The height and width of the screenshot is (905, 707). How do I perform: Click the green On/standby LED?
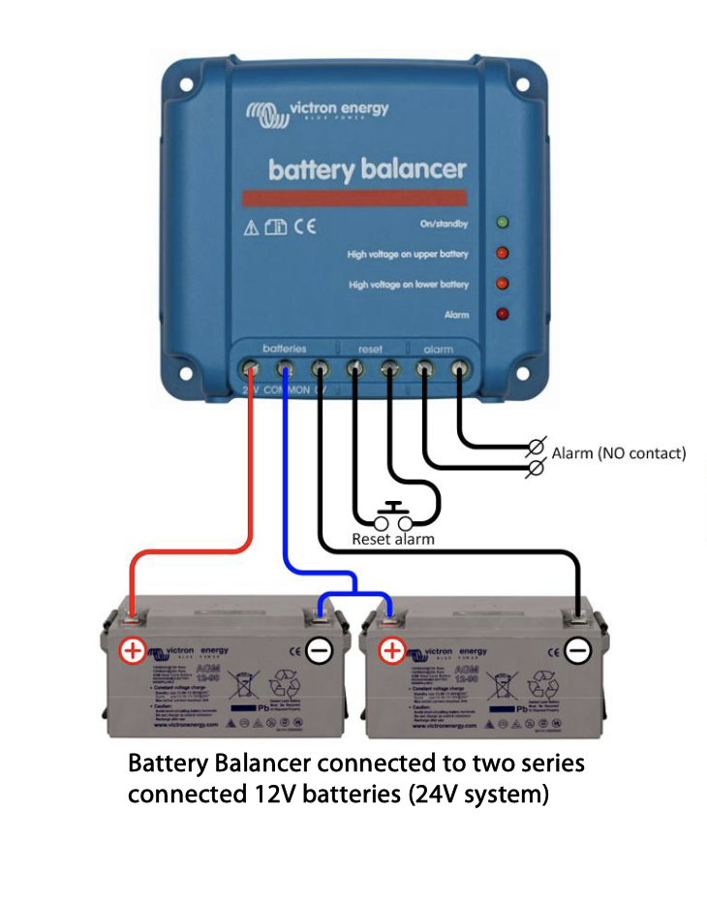point(502,223)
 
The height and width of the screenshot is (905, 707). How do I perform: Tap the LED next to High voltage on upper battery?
point(502,254)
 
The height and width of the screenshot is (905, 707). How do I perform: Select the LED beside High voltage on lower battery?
point(502,284)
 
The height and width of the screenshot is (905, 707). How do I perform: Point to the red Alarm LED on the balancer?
point(502,314)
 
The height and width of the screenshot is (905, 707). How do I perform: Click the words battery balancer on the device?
point(367,171)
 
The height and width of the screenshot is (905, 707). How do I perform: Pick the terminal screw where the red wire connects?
point(250,368)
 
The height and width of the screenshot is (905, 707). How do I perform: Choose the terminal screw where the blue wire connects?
point(285,368)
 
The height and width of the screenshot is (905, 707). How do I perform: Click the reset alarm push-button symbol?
point(393,514)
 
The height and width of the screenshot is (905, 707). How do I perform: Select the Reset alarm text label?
point(393,539)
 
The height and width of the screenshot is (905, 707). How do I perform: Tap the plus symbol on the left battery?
point(132,650)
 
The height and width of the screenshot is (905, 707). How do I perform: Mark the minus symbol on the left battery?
point(320,650)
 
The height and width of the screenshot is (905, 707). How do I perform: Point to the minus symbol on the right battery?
point(578,650)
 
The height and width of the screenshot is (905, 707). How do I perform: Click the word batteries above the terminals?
point(285,348)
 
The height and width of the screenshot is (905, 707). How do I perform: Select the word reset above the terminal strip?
point(371,348)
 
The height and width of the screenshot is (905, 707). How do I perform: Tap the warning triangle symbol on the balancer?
point(252,229)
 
